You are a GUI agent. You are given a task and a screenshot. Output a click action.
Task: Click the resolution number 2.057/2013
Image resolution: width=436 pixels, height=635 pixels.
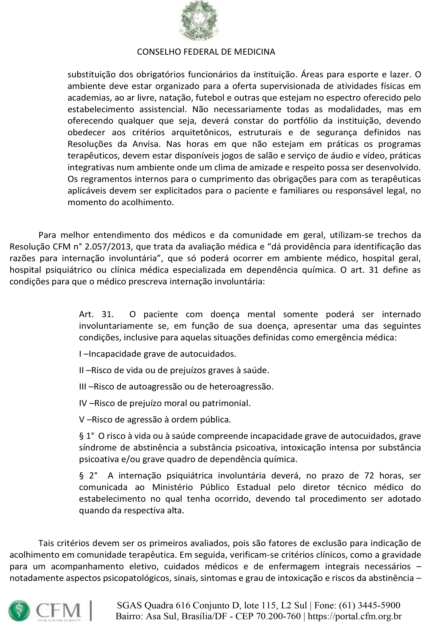109,247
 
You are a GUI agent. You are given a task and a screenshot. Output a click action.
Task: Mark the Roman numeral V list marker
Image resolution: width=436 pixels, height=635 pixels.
82,420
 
